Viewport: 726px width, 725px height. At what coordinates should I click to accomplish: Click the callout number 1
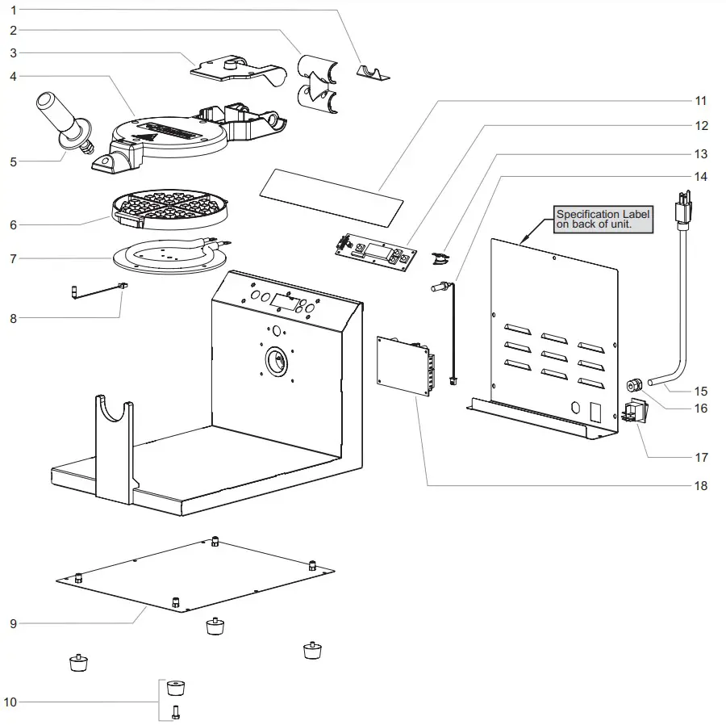[x=13, y=9]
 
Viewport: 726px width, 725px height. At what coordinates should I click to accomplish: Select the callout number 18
[x=700, y=485]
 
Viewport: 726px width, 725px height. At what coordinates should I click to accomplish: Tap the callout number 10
[x=10, y=702]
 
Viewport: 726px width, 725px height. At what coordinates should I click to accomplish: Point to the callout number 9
[x=13, y=623]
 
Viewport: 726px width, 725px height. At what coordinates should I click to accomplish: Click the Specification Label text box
[x=603, y=220]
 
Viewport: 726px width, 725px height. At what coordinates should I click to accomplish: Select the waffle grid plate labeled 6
[x=169, y=209]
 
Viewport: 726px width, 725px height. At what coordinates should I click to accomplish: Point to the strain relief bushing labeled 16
[x=634, y=382]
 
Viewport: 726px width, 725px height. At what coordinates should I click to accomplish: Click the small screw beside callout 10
[x=177, y=712]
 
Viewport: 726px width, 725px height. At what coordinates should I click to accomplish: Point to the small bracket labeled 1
[x=373, y=73]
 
